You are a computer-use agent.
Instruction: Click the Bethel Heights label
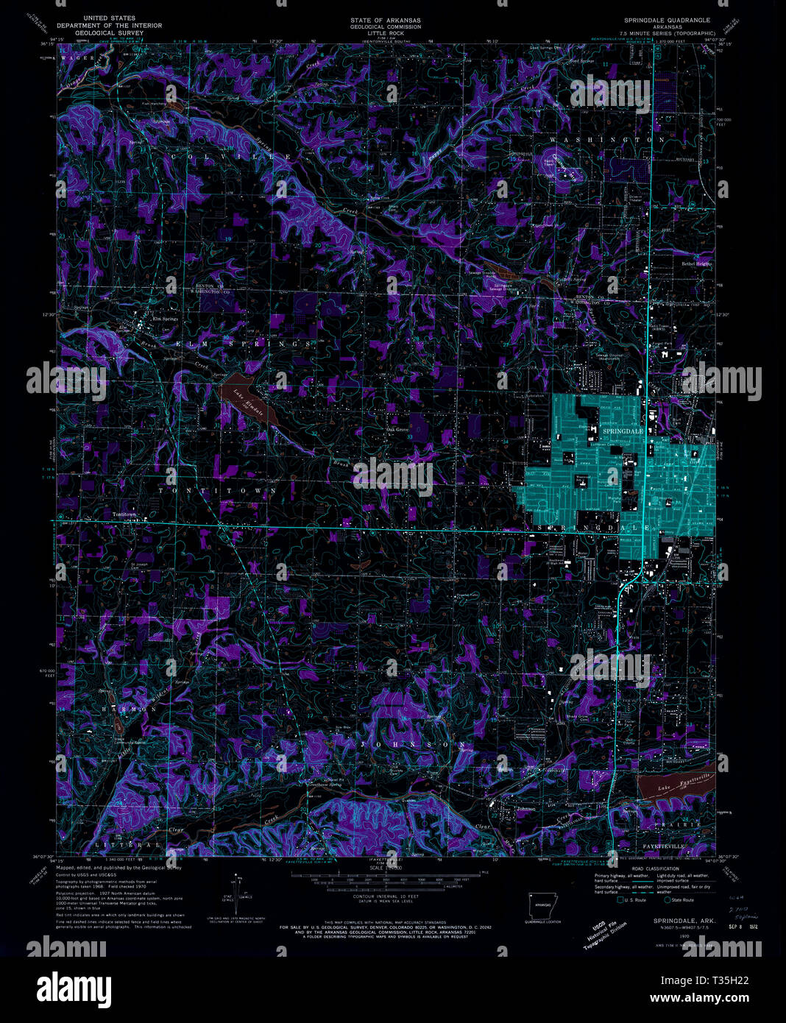[x=697, y=263]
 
